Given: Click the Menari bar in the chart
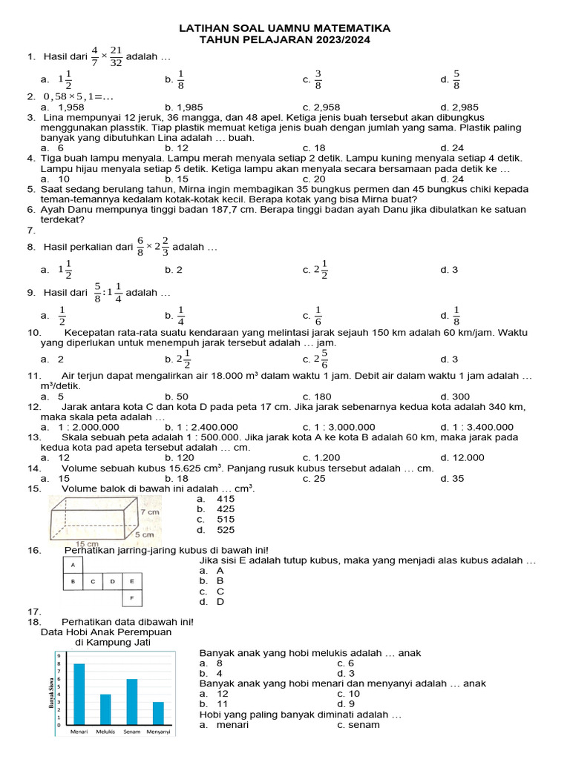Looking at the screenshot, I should pos(79,694).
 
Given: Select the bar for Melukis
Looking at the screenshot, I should pos(105,709).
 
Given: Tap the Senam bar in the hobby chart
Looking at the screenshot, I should pos(132,701).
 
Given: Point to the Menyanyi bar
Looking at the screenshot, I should pos(158,713).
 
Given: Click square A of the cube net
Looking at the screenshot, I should pos(73,566).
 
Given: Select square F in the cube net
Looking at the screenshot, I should pos(132,597).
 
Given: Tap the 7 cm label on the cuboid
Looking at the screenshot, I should pos(149,512).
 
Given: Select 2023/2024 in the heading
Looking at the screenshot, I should pos(338,39).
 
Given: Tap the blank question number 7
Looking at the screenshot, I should pos(32,231).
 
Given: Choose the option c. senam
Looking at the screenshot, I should pos(358,724).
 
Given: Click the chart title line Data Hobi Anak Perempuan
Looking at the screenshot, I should pos(105,632).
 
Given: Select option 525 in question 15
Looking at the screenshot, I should pos(225,530).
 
